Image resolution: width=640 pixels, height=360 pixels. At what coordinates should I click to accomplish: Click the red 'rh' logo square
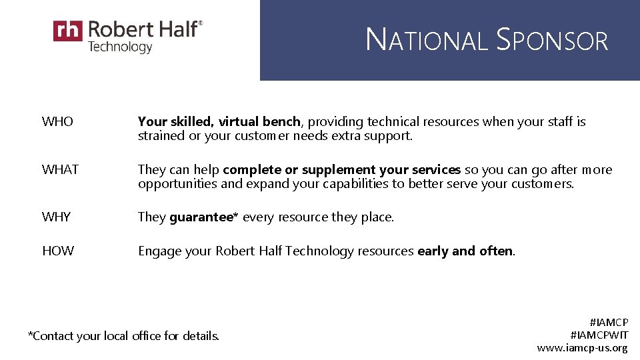pyautogui.click(x=68, y=31)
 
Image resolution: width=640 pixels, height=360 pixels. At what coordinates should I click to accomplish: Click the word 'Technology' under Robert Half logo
pyautogui.click(x=120, y=47)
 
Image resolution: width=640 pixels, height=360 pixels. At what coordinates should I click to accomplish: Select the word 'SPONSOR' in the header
pyautogui.click(x=553, y=41)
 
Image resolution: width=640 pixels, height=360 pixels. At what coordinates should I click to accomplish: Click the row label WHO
pyautogui.click(x=57, y=122)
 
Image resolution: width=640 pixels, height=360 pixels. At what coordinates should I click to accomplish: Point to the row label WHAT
pyautogui.click(x=60, y=169)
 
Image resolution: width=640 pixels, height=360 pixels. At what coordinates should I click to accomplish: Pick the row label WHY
pyautogui.click(x=57, y=217)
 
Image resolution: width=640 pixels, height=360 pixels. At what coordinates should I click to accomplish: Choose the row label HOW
pyautogui.click(x=58, y=251)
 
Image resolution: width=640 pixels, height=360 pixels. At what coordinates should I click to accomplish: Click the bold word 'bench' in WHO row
pyautogui.click(x=282, y=122)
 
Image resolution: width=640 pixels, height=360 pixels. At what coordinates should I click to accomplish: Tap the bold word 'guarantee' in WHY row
pyautogui.click(x=201, y=217)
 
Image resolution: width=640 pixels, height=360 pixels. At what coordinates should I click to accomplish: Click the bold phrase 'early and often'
pyautogui.click(x=465, y=251)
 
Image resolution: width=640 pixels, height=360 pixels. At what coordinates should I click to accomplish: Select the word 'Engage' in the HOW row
pyautogui.click(x=158, y=251)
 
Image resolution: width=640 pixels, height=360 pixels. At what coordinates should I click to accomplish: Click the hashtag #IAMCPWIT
pyautogui.click(x=599, y=335)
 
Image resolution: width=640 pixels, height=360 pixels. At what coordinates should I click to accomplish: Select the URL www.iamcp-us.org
pyautogui.click(x=582, y=347)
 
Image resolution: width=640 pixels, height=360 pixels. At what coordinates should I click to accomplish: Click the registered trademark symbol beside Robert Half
pyautogui.click(x=201, y=23)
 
